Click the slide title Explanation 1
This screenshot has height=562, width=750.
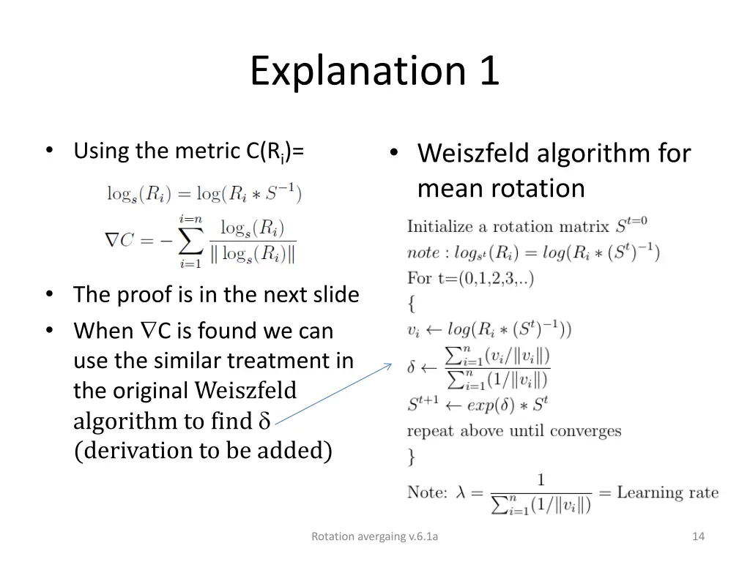tap(374, 71)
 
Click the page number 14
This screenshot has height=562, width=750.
tap(698, 536)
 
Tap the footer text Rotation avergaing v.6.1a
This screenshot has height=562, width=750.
tap(374, 536)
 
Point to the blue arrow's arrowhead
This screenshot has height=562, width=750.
tap(389, 366)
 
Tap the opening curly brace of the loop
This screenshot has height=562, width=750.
tap(412, 303)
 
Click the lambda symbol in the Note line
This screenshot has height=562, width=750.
tap(461, 492)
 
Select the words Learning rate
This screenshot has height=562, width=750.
tap(667, 492)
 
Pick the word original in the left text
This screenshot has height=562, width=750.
tap(152, 391)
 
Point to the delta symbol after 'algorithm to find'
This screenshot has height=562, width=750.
tap(264, 421)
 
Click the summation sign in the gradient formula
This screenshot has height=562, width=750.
tap(189, 239)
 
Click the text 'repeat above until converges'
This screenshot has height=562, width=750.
tap(513, 430)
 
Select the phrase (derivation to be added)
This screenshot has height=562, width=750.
tap(203, 451)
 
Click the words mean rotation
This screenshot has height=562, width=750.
tap(501, 189)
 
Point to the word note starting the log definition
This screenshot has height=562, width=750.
tap(423, 253)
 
